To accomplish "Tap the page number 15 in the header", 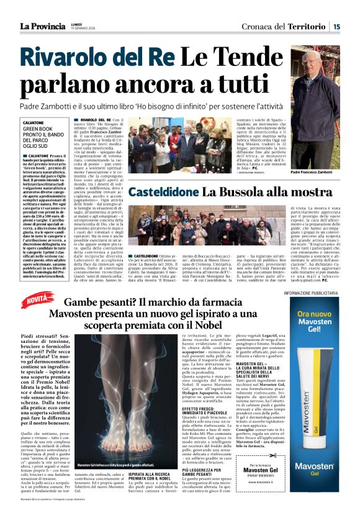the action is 336,26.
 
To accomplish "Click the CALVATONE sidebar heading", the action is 34,123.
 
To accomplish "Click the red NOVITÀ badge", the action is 40,301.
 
